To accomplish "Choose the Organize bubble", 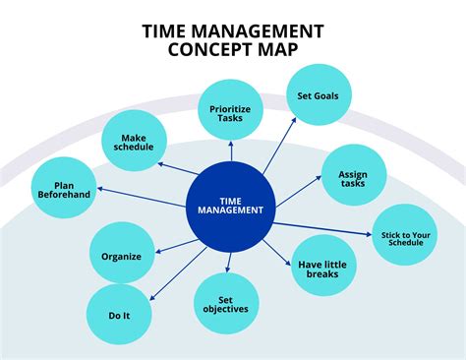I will coord(121,256).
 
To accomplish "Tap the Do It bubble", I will coord(118,315).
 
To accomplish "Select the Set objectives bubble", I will coord(226,303).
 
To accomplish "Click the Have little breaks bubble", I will coord(323,267).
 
